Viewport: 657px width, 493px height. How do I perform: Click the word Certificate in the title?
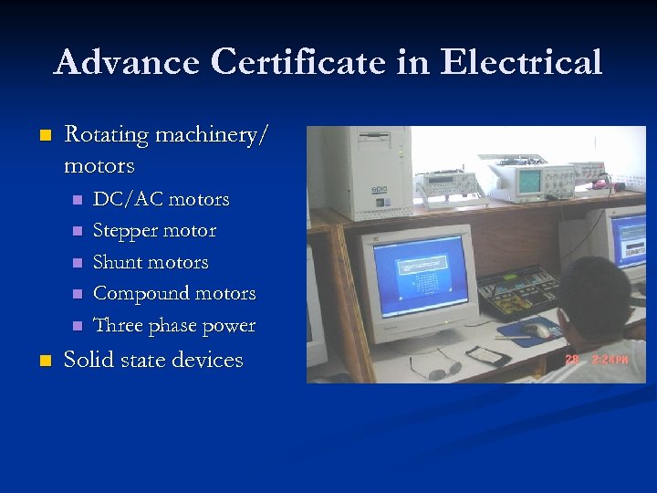(x=300, y=62)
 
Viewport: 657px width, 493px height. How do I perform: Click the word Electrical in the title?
(x=521, y=62)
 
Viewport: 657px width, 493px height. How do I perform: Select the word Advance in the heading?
(x=127, y=62)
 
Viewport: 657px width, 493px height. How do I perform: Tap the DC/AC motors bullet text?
(x=162, y=199)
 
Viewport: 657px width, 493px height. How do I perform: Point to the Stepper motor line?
(x=155, y=230)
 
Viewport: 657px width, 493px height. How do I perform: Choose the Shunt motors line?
(x=151, y=262)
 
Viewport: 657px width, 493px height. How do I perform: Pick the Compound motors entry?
(x=174, y=293)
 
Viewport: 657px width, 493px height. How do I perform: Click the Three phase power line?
(x=174, y=325)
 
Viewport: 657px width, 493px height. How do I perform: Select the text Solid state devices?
(x=153, y=360)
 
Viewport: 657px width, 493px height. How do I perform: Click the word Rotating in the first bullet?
(x=106, y=135)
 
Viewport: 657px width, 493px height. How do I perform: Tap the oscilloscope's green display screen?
(x=529, y=182)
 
